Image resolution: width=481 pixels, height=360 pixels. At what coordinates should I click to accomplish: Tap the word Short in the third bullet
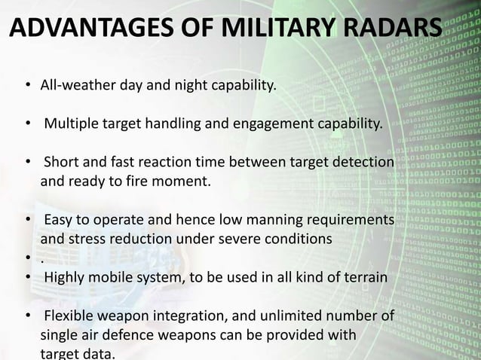click(60, 163)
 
